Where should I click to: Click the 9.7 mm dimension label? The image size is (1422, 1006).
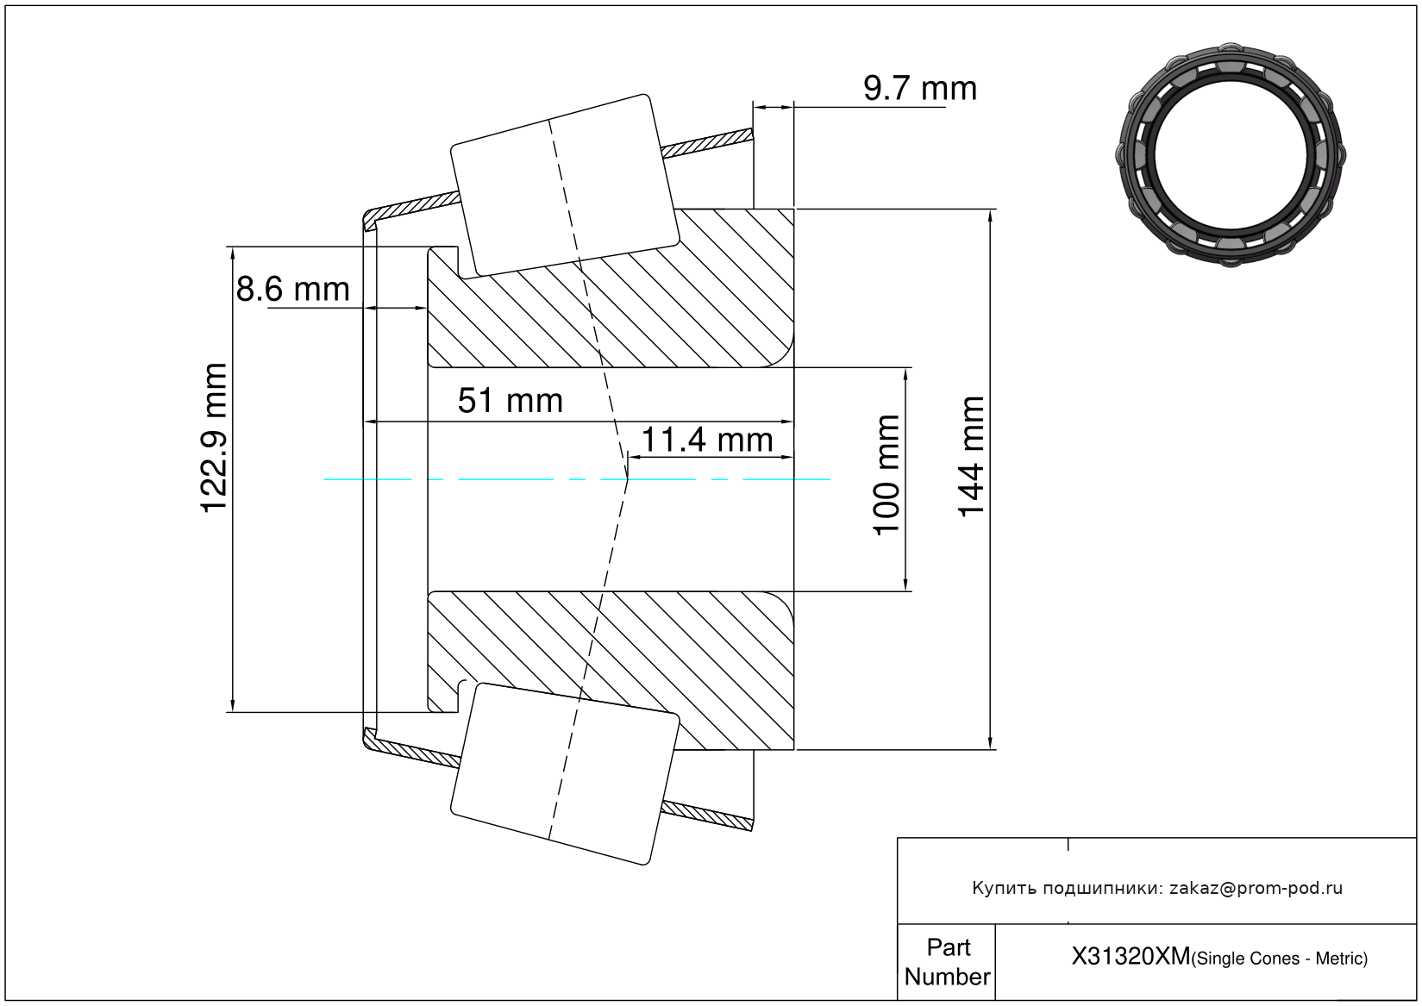(920, 88)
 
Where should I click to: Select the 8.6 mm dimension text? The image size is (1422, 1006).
(292, 290)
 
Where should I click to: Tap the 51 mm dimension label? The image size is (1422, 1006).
(511, 401)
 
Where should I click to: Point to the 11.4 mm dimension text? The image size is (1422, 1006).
(707, 440)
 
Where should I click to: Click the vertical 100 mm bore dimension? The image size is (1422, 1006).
(886, 475)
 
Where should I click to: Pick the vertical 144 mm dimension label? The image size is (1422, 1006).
(970, 457)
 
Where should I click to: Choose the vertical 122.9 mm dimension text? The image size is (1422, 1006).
(213, 438)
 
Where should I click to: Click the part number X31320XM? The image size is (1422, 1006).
(1131, 956)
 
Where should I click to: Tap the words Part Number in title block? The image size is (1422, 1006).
(947, 961)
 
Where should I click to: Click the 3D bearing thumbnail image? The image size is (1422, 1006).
(1231, 155)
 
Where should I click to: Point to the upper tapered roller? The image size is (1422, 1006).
(565, 185)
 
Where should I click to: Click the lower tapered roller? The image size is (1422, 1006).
(565, 774)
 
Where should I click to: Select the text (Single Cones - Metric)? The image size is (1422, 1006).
(1279, 959)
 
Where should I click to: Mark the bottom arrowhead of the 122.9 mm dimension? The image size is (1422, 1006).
(232, 705)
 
